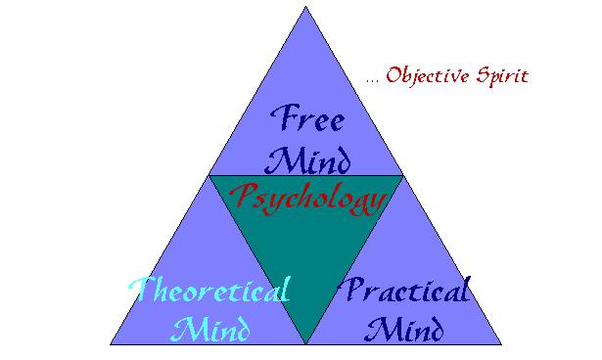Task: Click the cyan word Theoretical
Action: [x=210, y=291]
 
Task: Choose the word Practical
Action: [x=405, y=291]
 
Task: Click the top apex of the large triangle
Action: [x=305, y=7]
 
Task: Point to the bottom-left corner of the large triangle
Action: [x=110, y=344]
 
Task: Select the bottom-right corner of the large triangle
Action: [x=501, y=344]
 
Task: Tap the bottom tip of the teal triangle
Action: [x=305, y=343]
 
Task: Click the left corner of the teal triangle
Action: [x=208, y=177]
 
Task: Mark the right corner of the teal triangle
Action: [x=402, y=177]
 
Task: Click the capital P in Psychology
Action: [x=240, y=198]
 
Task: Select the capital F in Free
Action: [x=282, y=119]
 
